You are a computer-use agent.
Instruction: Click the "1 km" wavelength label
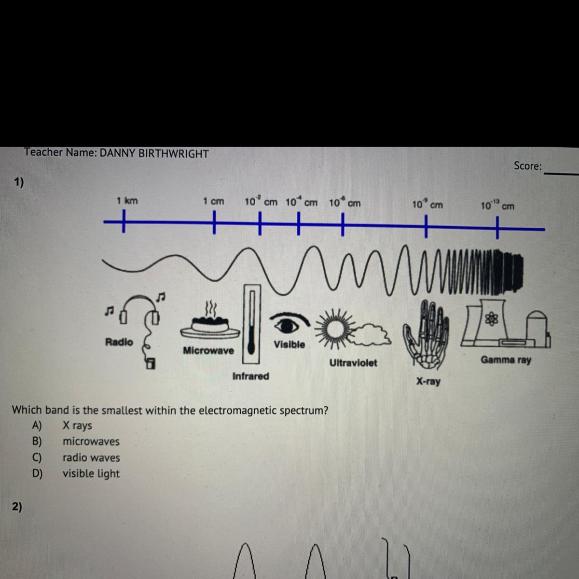click(127, 201)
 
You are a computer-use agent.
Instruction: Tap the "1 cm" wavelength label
click(213, 201)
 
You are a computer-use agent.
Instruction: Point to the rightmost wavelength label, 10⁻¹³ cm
click(497, 206)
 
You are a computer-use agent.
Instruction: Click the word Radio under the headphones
click(119, 342)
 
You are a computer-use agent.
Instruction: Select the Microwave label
click(208, 351)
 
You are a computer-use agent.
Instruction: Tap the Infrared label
click(250, 376)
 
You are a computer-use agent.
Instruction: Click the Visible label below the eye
click(289, 345)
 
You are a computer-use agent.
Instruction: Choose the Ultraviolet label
click(353, 363)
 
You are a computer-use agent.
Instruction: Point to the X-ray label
click(428, 382)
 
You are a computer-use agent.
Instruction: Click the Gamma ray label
click(506, 360)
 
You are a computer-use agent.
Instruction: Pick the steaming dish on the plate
click(210, 323)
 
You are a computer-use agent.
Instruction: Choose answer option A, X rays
click(77, 426)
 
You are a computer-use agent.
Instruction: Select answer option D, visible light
click(91, 473)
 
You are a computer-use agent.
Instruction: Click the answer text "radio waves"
click(91, 457)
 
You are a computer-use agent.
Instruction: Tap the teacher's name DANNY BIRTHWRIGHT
click(154, 154)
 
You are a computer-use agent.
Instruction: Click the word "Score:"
click(527, 166)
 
